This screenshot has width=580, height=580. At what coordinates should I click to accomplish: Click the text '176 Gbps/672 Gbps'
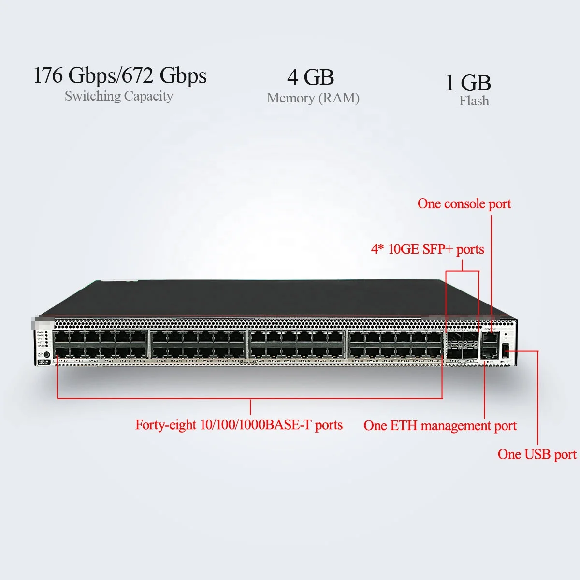coord(120,76)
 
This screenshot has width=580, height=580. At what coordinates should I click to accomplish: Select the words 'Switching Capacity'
coord(119,96)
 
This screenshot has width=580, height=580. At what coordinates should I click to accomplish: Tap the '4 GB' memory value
coord(310,77)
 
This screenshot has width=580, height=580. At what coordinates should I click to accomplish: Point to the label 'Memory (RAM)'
coord(313,98)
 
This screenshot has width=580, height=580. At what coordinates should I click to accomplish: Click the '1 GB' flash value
coord(468,83)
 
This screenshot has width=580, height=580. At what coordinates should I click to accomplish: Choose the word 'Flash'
coord(474,101)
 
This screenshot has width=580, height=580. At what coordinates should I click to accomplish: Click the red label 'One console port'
coord(464,203)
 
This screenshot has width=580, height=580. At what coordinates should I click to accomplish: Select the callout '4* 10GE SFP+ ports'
coord(427,249)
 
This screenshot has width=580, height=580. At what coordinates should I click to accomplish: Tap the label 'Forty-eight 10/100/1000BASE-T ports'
coord(239,425)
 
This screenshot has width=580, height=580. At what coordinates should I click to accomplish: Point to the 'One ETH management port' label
coord(440,426)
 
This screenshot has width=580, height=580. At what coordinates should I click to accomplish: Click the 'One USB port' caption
coord(537,454)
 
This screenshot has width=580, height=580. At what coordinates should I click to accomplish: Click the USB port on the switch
coord(506,351)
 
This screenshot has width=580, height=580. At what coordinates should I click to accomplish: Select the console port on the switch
coord(490,338)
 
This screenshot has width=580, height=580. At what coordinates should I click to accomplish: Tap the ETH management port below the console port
coord(490,353)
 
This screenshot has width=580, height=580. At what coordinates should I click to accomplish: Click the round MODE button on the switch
coord(47,354)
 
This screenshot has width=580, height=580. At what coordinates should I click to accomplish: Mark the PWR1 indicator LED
coord(46,333)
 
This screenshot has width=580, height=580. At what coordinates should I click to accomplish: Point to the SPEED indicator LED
coord(46,346)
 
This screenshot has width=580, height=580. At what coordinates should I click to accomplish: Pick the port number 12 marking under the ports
coord(143,361)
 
